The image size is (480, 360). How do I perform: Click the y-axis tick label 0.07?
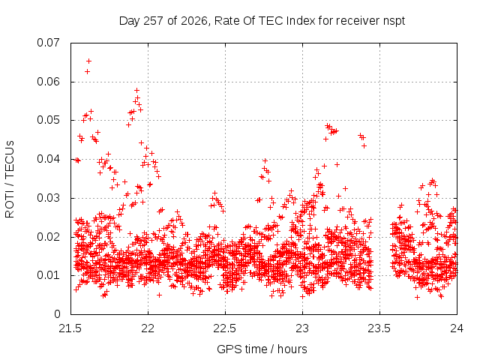point(48,43)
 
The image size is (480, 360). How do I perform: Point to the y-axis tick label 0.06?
point(48,82)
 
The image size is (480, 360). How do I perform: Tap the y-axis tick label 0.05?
point(48,120)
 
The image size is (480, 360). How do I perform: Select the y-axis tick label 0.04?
point(48,159)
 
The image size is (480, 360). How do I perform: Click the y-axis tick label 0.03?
point(48,198)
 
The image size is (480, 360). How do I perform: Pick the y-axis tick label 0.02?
point(48,237)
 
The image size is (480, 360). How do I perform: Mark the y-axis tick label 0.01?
point(48,275)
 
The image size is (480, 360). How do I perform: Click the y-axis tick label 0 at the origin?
point(57,314)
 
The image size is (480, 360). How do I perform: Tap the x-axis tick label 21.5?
point(70,328)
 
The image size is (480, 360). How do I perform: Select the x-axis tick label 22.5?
point(225,328)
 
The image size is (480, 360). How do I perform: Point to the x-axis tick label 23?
point(302,328)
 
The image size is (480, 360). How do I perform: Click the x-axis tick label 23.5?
point(379,328)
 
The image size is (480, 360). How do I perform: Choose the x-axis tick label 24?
point(457,328)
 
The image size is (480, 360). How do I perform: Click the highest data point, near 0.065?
point(88,61)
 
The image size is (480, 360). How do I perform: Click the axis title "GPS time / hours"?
point(262,349)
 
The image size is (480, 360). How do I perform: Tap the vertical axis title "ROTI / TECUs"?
point(10,179)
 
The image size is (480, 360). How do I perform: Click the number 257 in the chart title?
point(154,21)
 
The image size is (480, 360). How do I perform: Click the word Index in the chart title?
point(301,21)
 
